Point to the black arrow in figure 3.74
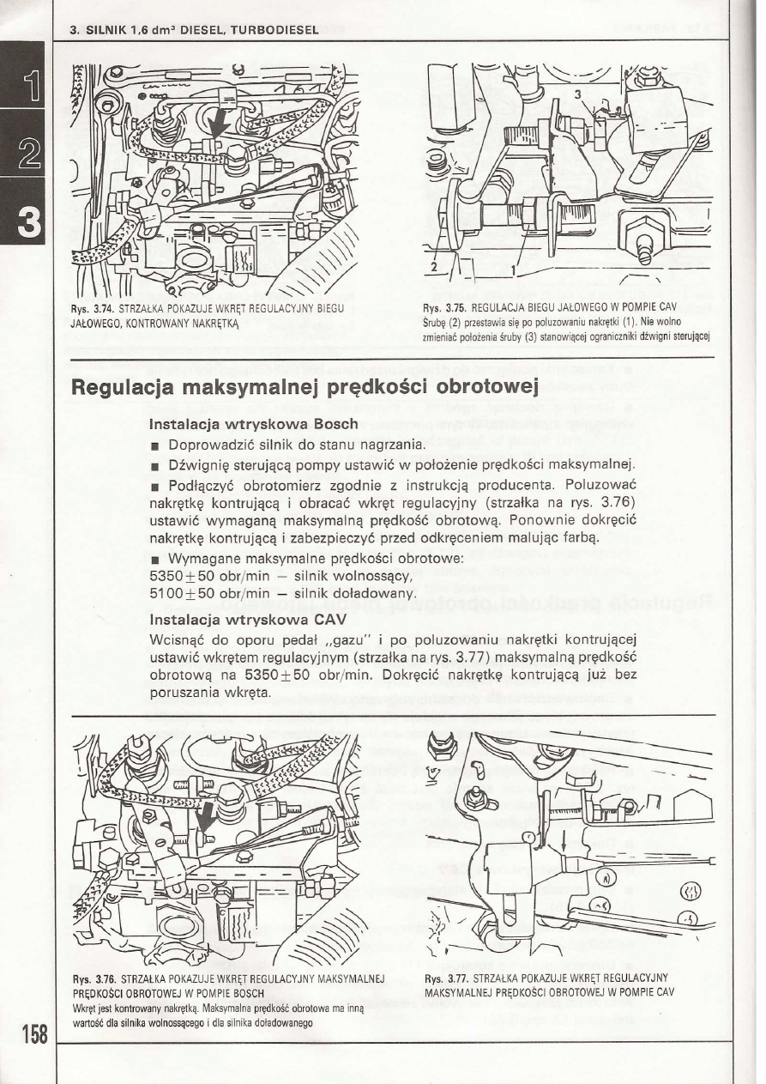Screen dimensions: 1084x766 pyautogui.click(x=220, y=119)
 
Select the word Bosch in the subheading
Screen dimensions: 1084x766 pyautogui.click(x=329, y=425)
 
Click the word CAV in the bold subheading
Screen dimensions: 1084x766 pyautogui.click(x=329, y=618)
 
